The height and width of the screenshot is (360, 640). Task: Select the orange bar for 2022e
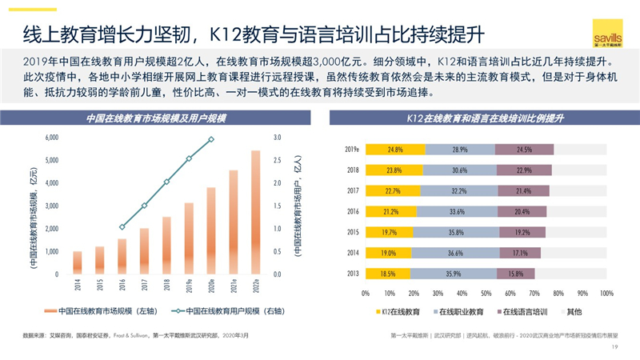point(255,212)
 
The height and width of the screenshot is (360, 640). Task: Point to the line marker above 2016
point(122,227)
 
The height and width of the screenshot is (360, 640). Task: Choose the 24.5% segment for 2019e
point(524,150)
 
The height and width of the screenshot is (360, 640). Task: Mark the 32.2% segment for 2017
point(458,190)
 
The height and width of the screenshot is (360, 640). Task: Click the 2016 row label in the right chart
point(352,211)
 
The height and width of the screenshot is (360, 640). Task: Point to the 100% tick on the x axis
point(606,293)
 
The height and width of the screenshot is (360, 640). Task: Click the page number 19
point(614,347)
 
